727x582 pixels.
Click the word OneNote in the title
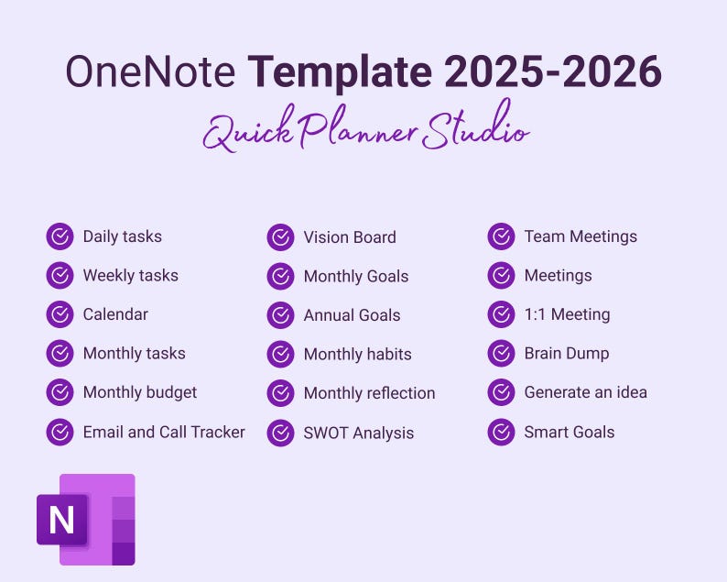149,72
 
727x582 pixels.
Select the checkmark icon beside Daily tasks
60,236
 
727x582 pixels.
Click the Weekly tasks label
130,275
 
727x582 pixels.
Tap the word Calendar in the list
115,314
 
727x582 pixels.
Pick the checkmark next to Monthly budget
60,392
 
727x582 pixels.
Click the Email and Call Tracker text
164,432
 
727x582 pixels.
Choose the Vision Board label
350,237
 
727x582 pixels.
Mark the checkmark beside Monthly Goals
280,276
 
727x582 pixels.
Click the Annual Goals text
352,315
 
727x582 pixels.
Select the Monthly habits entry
357,354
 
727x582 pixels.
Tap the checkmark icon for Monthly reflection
280,393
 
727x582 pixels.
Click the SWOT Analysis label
359,433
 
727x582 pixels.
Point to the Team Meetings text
581,236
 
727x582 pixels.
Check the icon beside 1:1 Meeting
501,314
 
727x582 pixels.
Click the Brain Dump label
566,353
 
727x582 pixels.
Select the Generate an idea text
585,392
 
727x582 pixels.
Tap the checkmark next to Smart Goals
501,432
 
